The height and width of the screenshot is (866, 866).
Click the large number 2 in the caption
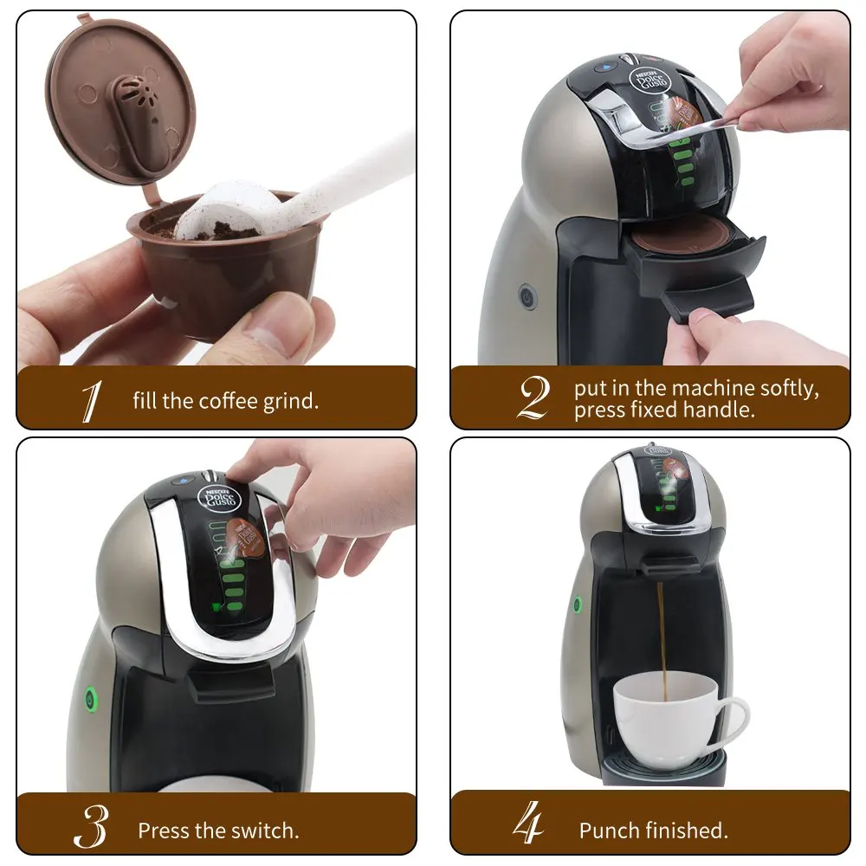533,399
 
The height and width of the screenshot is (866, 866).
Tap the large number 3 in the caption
90,830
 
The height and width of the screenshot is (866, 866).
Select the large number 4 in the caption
528,826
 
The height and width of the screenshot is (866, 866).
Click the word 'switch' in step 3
265,830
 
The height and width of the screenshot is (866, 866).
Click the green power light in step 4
575,605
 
